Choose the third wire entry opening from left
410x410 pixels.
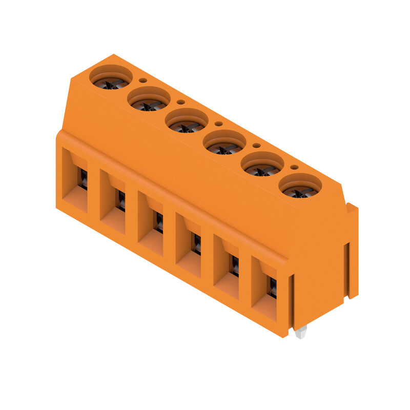[x=151, y=223]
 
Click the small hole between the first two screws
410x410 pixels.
[x=143, y=80]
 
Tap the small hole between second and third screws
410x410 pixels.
[x=181, y=101]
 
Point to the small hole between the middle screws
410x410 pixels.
[x=218, y=124]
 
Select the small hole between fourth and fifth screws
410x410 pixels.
[x=256, y=145]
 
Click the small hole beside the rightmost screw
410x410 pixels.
[x=294, y=167]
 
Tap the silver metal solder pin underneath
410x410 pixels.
[x=301, y=333]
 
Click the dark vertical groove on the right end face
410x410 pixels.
[x=346, y=269]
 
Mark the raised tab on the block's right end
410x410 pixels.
[x=353, y=251]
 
